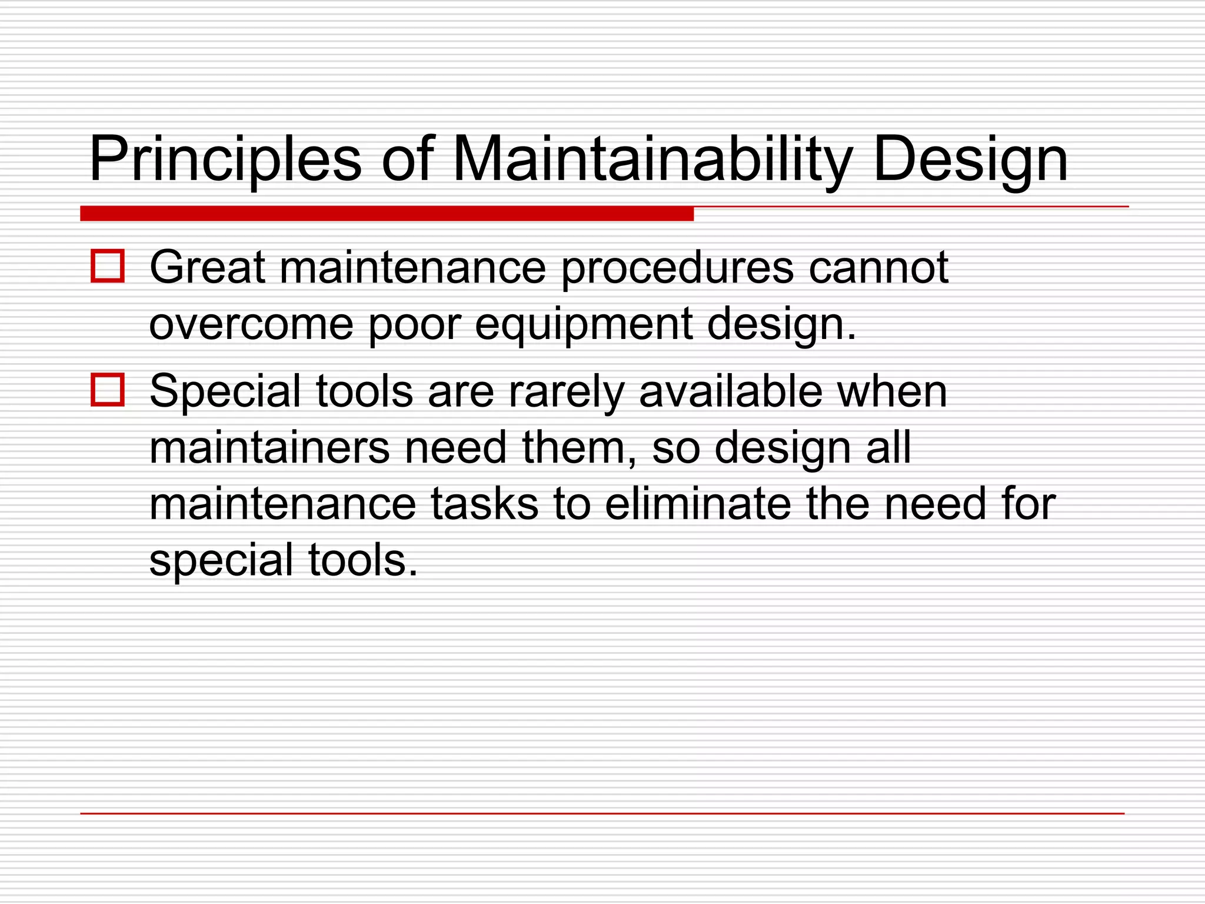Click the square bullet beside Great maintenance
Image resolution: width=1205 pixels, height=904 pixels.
(x=108, y=267)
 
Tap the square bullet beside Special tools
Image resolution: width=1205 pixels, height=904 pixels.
(x=108, y=390)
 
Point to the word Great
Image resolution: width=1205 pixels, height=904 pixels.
(x=207, y=268)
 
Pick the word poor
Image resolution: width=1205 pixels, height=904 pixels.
(x=414, y=325)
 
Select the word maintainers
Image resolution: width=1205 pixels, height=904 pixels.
(x=269, y=448)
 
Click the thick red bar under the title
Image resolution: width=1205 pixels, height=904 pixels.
(x=387, y=214)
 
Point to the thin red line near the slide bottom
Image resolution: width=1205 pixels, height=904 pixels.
(x=601, y=813)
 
